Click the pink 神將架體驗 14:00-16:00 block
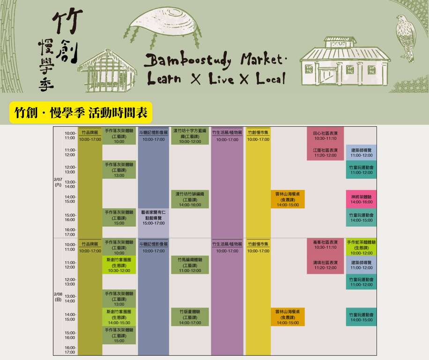click(361, 199)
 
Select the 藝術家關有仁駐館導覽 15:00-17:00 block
click(153, 217)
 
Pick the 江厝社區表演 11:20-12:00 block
click(325, 152)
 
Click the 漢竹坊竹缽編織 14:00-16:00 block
click(190, 199)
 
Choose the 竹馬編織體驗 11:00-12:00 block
click(190, 265)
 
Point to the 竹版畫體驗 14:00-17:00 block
click(190, 317)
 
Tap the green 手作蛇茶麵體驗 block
click(361, 247)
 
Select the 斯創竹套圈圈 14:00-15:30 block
click(119, 317)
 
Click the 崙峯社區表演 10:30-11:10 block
click(325, 244)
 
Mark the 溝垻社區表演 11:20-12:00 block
click(325, 265)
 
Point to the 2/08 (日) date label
click(58, 296)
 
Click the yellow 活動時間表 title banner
click(81, 113)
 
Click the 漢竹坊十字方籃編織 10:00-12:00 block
click(190, 136)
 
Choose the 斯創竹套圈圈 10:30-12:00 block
click(119, 265)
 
